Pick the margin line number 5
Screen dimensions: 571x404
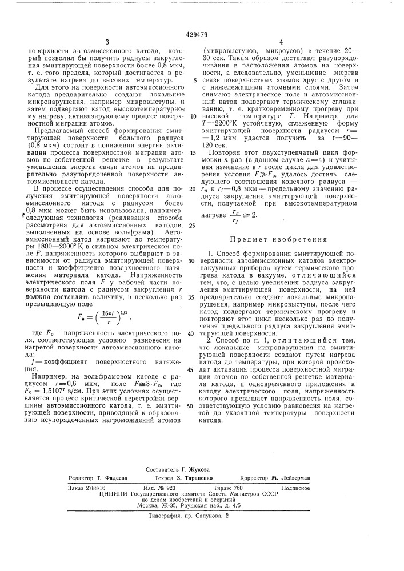point(194,81)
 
